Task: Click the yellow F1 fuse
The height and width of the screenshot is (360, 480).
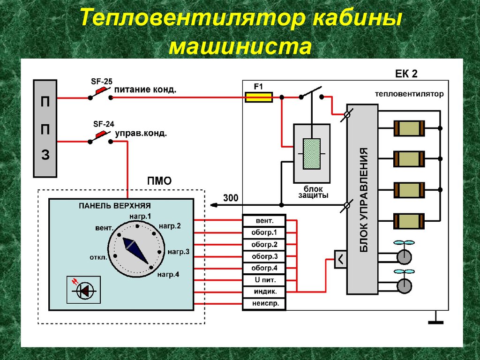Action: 259,97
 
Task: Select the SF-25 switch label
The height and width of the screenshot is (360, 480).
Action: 101,82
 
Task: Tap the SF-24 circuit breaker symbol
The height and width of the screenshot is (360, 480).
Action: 101,139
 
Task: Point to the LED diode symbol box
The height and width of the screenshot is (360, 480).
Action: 83,291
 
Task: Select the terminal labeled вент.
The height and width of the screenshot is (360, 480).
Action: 264,220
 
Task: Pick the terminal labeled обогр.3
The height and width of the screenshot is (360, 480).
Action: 264,256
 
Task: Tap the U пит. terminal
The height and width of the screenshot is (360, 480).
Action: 264,280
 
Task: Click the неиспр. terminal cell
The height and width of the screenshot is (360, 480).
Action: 264,304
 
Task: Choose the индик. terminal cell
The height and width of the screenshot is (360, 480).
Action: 264,292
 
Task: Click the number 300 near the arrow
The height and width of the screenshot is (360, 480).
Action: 231,198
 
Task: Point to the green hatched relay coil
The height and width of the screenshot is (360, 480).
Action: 312,153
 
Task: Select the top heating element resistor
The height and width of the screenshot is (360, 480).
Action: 409,127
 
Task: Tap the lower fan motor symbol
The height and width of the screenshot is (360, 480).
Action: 404,285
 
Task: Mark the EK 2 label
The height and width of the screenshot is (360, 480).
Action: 406,74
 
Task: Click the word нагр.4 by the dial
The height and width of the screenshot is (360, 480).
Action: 168,274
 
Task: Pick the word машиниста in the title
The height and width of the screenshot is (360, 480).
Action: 240,47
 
